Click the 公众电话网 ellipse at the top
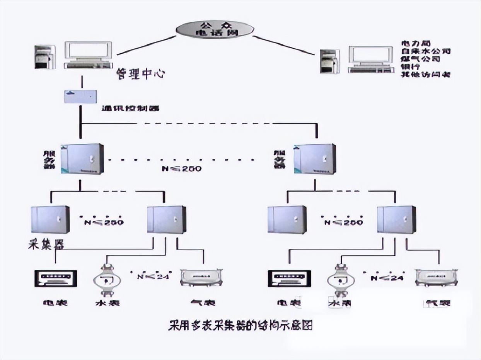point(215,29)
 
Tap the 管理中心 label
point(141,74)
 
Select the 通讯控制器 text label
point(131,109)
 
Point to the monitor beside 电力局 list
point(370,59)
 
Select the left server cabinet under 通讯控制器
point(82,159)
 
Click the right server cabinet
point(314,159)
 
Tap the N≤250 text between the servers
point(182,169)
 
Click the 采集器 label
point(46,244)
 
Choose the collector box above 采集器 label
point(50,219)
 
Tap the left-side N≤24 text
point(151,276)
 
